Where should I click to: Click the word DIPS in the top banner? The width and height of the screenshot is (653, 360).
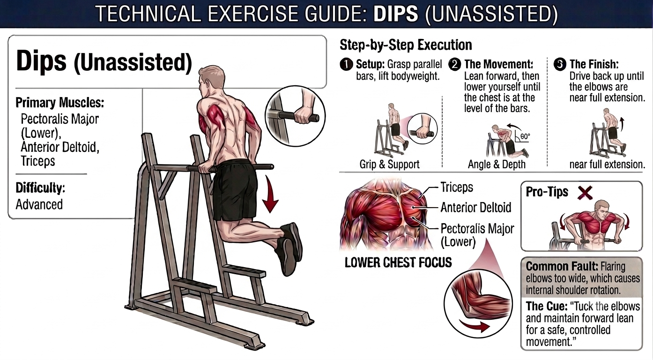click(395, 14)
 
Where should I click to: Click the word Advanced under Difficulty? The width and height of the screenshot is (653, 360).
click(39, 204)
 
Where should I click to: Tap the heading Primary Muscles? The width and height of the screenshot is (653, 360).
click(60, 102)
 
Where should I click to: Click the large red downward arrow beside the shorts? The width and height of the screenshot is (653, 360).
click(270, 194)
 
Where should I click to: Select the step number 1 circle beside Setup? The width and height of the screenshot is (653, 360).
click(346, 65)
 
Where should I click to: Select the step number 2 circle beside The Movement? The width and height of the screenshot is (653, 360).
click(455, 65)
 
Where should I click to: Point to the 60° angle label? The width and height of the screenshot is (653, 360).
click(525, 136)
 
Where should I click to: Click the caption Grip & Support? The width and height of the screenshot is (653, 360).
click(389, 164)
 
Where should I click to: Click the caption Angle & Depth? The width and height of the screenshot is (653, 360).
click(497, 164)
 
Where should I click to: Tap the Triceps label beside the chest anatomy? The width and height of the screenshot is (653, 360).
click(457, 187)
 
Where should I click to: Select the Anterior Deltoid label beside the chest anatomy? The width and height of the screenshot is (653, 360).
click(476, 208)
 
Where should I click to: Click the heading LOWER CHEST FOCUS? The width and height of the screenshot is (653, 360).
click(398, 262)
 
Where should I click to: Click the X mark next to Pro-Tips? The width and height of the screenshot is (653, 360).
click(586, 193)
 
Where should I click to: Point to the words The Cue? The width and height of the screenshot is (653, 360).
click(547, 306)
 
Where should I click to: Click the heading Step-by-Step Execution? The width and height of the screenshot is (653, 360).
click(406, 45)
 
